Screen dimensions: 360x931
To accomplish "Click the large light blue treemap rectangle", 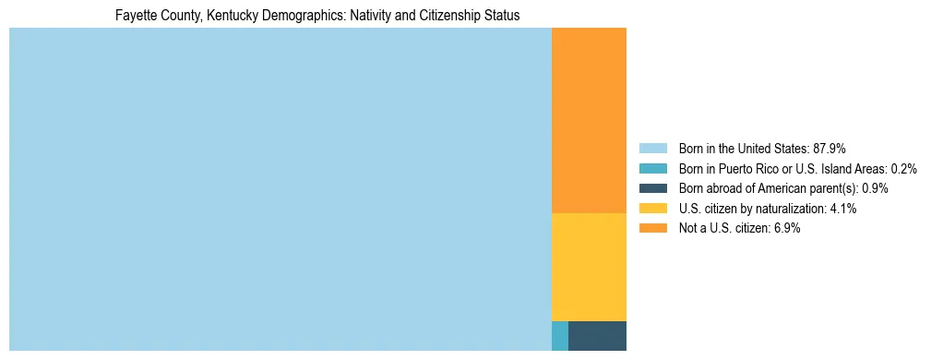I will coord(280,189).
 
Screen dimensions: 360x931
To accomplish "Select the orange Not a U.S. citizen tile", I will coord(589,120).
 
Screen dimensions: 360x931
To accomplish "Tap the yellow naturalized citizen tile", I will coord(589,267).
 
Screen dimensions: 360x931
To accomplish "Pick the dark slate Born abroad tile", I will coord(597,336).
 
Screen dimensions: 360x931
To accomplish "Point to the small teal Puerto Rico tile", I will coord(559,336).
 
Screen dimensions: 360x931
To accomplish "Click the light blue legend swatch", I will coord(652,148).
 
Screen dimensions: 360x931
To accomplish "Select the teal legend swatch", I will coord(652,168).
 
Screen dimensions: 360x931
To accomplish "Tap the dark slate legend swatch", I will coord(652,188).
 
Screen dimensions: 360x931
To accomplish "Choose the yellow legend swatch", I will coord(652,209).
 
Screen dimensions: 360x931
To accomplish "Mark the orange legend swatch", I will coord(652,229).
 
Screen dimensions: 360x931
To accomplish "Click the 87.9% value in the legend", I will coord(830,148).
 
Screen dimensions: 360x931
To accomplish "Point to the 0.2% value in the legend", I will coord(903,168).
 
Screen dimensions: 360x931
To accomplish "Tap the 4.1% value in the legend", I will coord(843,209).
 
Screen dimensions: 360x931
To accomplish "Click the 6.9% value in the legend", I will coord(786,229).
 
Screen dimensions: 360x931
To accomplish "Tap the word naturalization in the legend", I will coord(788,209).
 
